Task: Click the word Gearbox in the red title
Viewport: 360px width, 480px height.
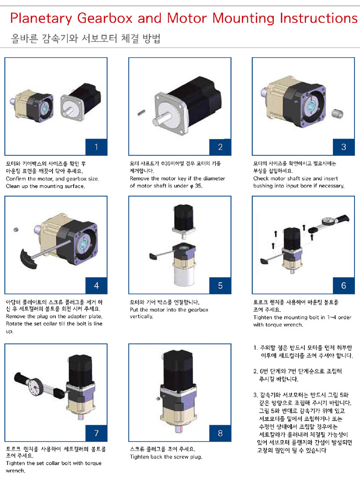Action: (x=105, y=18)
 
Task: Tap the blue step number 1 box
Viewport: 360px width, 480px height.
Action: (x=96, y=147)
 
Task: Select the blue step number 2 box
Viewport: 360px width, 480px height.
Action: (x=220, y=147)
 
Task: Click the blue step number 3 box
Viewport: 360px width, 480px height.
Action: (x=344, y=147)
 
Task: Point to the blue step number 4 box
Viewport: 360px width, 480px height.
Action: (x=96, y=285)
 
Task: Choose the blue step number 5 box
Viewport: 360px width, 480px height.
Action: (x=220, y=285)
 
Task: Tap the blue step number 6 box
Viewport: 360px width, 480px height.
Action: (x=344, y=285)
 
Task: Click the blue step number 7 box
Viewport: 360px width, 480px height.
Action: (x=96, y=433)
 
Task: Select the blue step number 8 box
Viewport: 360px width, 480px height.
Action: (x=220, y=433)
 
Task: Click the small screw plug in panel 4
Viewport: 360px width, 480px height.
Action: (x=16, y=230)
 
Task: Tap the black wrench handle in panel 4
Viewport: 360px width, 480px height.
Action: (x=29, y=259)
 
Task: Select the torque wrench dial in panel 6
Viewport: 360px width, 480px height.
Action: (x=329, y=221)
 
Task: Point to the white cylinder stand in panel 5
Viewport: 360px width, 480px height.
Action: (x=184, y=275)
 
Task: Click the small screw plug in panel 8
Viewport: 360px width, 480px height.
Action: (x=158, y=398)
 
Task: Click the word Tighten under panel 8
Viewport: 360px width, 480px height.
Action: (x=140, y=457)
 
